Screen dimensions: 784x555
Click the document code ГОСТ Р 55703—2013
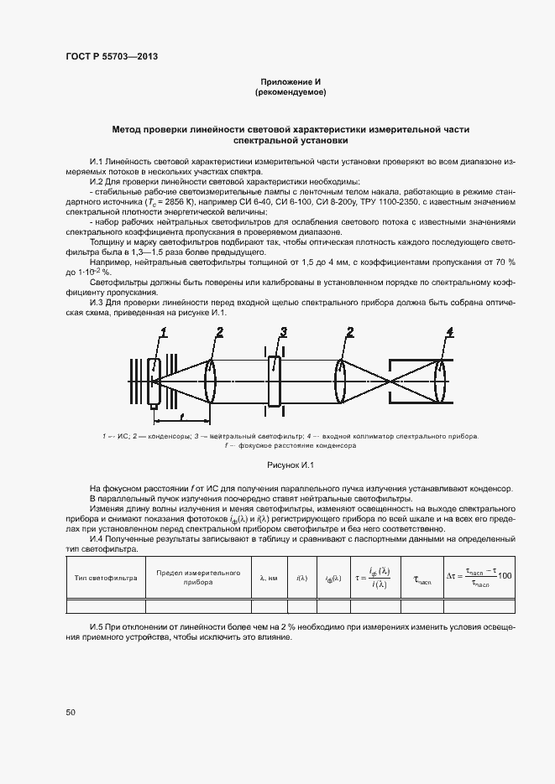click(x=112, y=56)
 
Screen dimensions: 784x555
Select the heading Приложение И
click(x=290, y=81)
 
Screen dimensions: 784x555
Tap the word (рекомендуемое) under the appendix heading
click(x=290, y=91)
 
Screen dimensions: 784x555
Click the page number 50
click(x=71, y=712)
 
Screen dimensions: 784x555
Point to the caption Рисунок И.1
click(x=290, y=464)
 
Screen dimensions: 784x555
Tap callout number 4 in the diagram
click(x=450, y=333)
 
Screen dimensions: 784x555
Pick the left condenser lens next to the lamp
click(x=210, y=380)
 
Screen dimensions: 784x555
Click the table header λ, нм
click(x=269, y=578)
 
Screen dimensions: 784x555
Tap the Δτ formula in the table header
click(x=480, y=577)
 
